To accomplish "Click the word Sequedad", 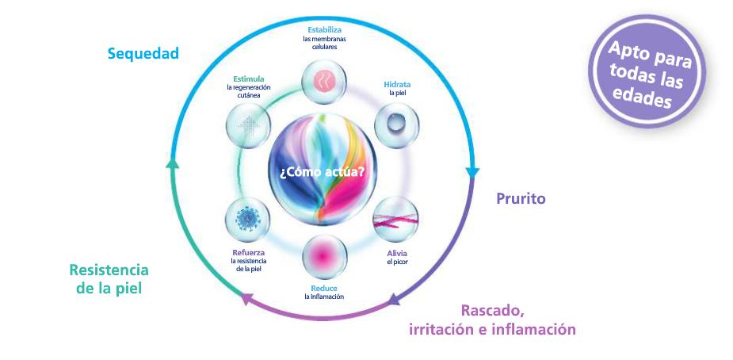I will coord(143,54).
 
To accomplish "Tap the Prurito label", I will coord(521,198).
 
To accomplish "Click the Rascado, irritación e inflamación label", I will coord(492,320).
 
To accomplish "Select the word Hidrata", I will coord(397,84).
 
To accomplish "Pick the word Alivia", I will coord(396,253).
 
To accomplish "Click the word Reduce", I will coord(323,289).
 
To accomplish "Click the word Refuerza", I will coord(248,253).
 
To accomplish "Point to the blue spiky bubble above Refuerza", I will coord(248,217).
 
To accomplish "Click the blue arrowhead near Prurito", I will coord(472,172).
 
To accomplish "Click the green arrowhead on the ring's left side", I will coord(174,164).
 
